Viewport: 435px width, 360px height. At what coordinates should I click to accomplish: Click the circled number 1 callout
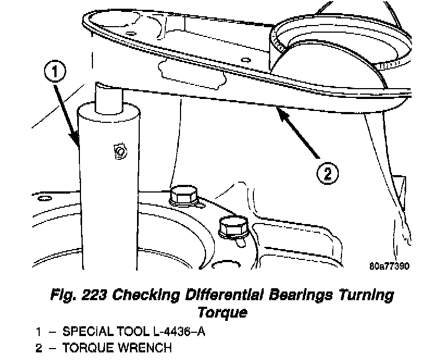56,72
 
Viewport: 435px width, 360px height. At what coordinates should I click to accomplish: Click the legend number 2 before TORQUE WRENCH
39,348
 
